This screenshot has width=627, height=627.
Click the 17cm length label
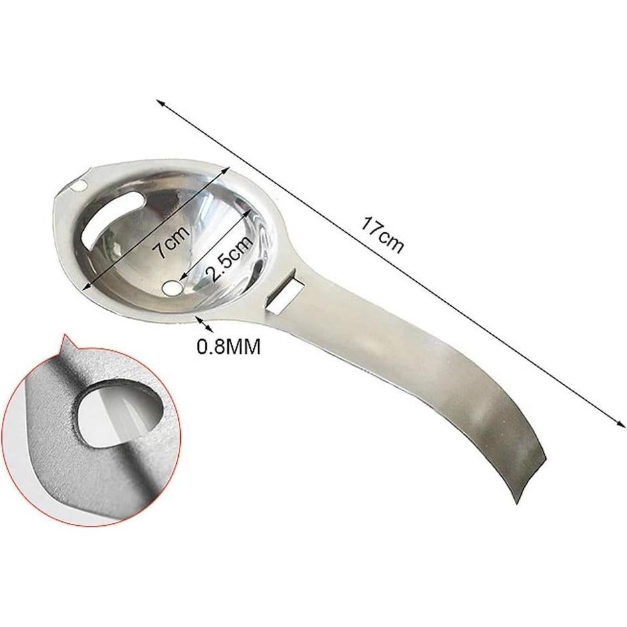pos(382,234)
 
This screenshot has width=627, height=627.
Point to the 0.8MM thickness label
pos(228,346)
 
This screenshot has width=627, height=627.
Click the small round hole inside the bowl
pos(173,287)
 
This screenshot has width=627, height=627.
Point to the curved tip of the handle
pos(519,489)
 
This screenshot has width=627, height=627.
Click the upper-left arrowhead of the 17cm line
pos(160,102)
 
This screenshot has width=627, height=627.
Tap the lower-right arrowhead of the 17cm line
pos(621,424)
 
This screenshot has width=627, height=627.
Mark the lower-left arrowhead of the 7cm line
pos(84,288)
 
